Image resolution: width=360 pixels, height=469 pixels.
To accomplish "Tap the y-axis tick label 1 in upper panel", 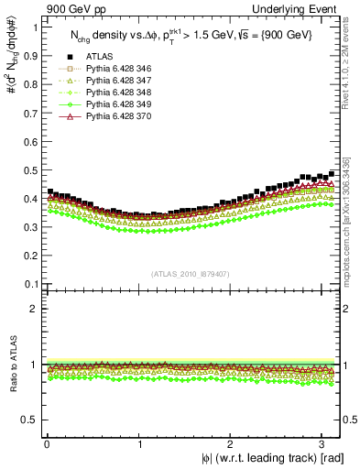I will [x=33, y=27].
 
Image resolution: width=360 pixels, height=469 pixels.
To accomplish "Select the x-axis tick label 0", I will [x=47, y=443].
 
